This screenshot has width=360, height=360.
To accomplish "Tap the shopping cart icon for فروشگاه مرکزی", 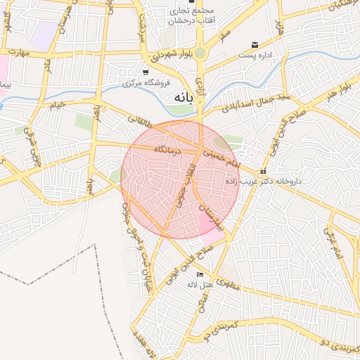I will pyautogui.click(x=146, y=72).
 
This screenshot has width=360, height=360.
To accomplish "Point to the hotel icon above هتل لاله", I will pyautogui.click(x=200, y=274).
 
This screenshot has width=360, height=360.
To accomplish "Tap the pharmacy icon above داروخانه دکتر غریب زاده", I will pyautogui.click(x=264, y=171).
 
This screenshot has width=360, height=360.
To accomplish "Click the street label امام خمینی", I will pyautogui.click(x=222, y=156).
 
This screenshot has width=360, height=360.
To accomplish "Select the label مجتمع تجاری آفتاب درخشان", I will pyautogui.click(x=189, y=17).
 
